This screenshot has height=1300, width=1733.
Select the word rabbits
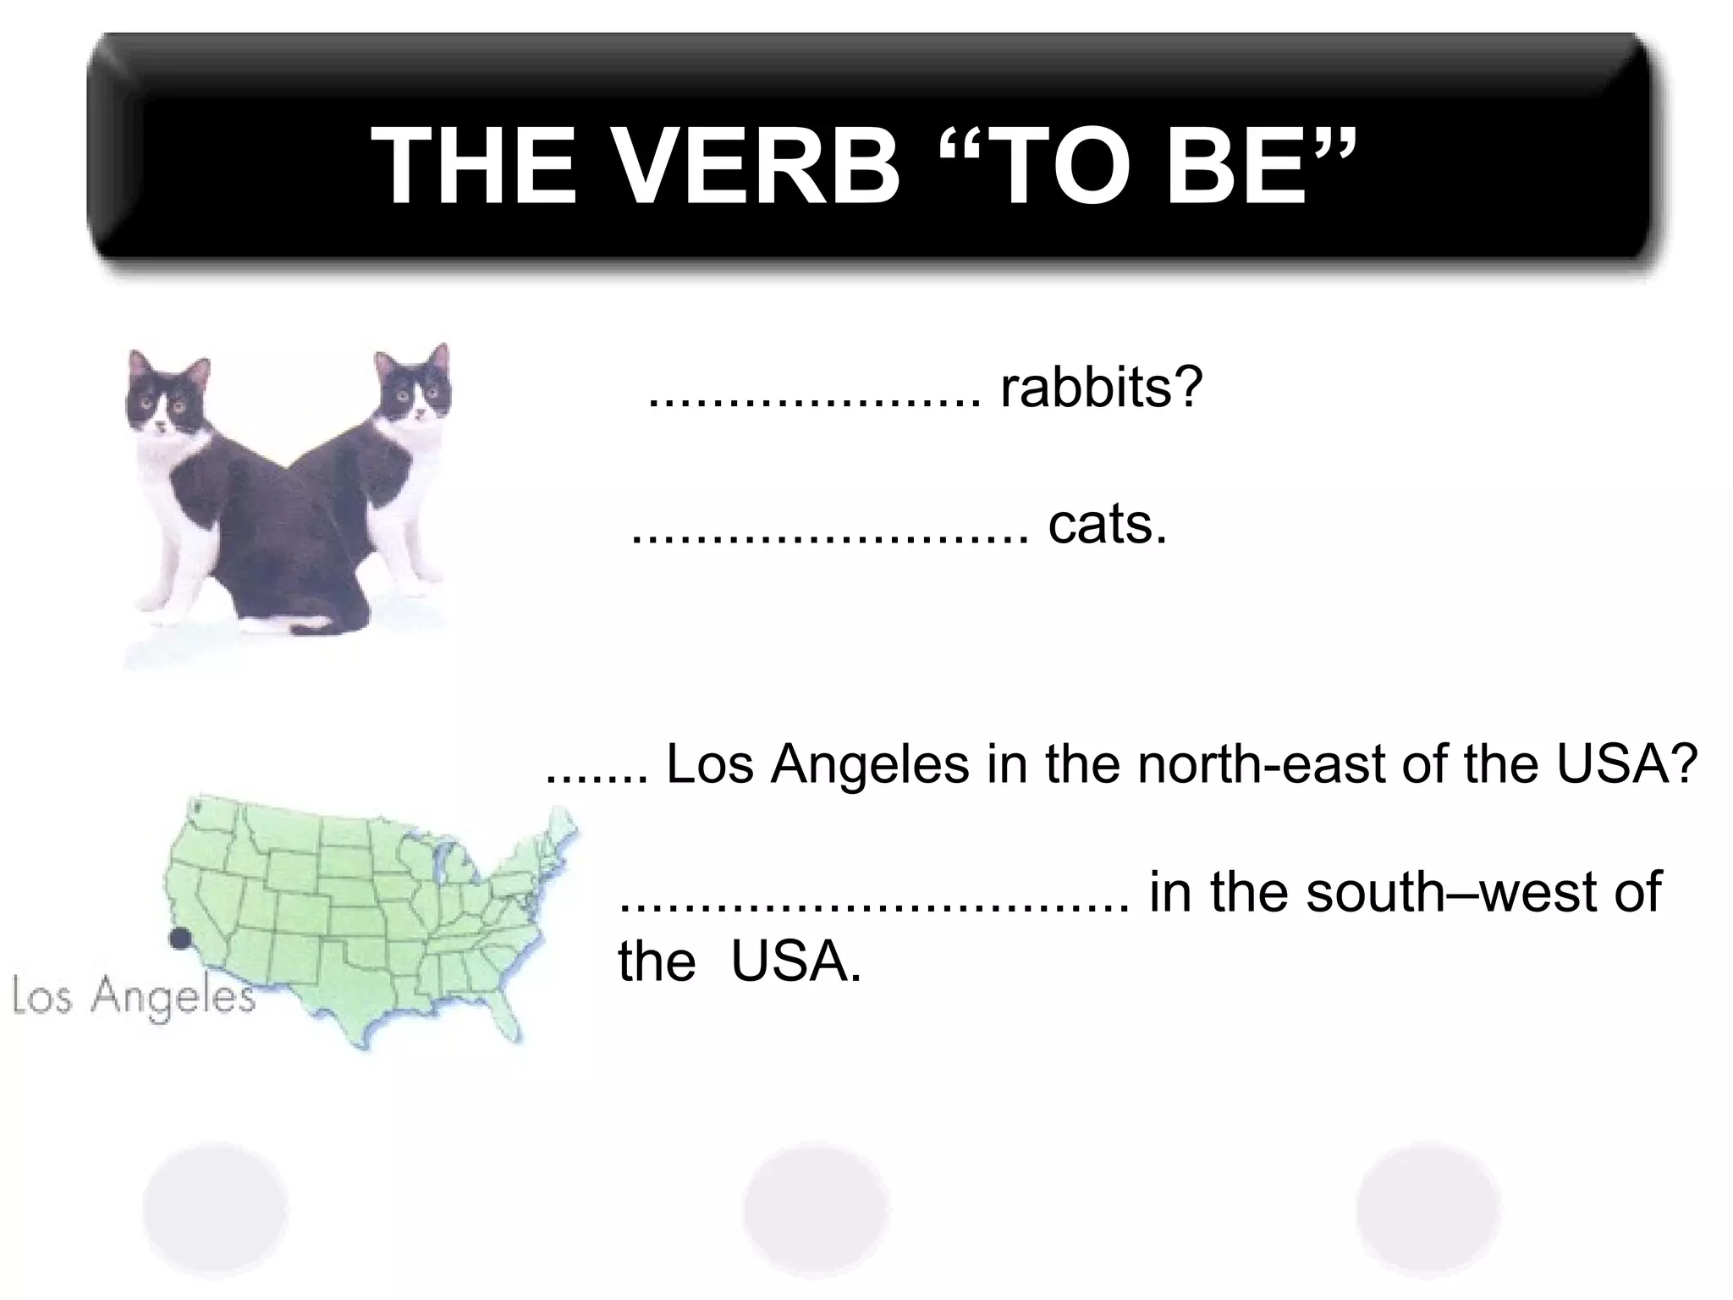click(x=1100, y=388)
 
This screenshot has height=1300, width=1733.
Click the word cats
click(x=1107, y=525)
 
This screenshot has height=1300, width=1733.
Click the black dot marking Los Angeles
click(x=179, y=939)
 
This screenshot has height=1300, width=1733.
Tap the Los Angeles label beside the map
click(x=134, y=997)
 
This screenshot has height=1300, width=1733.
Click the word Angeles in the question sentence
click(x=869, y=764)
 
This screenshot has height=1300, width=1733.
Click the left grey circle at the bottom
click(x=215, y=1208)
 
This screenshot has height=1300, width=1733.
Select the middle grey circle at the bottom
click(x=816, y=1209)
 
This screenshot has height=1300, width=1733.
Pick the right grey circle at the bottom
click(x=1428, y=1208)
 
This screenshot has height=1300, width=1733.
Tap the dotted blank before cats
click(x=830, y=538)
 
